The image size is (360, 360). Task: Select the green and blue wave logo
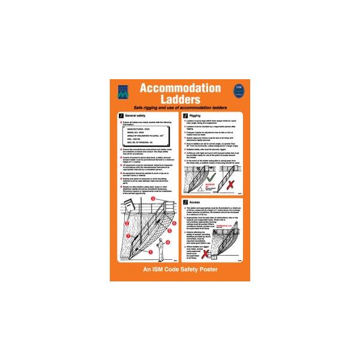click(122, 91)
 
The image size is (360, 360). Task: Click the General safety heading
click(135, 115)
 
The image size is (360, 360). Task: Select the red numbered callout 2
click(127, 224)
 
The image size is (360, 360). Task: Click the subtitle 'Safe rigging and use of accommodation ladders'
click(180, 107)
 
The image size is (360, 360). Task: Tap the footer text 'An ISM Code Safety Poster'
click(180, 270)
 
